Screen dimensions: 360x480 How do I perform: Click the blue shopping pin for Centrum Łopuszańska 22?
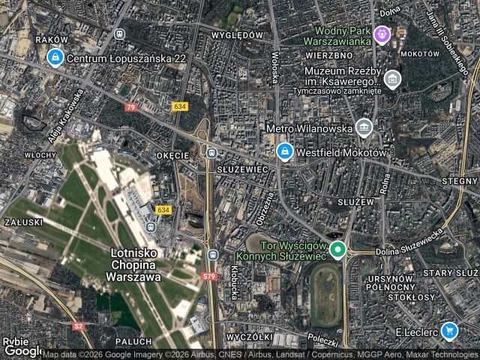(x=55, y=56)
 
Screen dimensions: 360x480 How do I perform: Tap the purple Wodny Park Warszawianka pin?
(x=382, y=34)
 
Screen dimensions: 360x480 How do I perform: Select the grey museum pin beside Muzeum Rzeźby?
(x=391, y=78)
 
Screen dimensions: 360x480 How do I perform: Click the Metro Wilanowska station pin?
(x=364, y=127)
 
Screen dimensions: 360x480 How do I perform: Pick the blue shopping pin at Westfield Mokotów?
(x=284, y=152)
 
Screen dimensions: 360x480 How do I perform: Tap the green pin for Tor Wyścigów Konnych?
(x=338, y=250)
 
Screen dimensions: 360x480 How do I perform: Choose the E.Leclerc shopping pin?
(x=449, y=330)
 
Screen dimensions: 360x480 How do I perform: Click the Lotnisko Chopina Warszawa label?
(x=136, y=265)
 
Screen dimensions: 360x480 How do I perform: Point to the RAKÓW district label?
(x=52, y=40)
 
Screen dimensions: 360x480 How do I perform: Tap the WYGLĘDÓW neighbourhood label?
(x=237, y=35)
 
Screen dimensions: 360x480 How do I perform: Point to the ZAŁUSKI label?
(x=22, y=223)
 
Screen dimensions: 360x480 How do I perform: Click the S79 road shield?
(x=209, y=277)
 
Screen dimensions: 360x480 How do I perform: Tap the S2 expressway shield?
(x=79, y=326)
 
